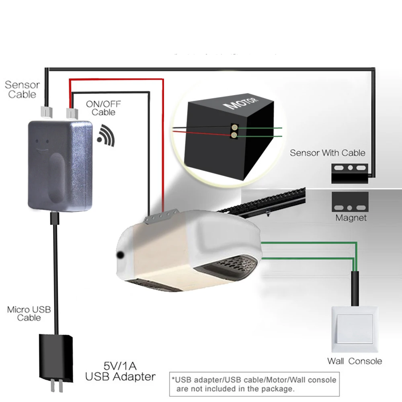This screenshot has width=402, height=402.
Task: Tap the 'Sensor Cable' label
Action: pyautogui.click(x=22, y=90)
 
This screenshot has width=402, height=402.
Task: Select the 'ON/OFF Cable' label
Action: pyautogui.click(x=103, y=108)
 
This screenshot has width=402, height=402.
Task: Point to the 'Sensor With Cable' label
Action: pyautogui.click(x=328, y=153)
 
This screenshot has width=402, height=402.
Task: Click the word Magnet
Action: pyautogui.click(x=351, y=218)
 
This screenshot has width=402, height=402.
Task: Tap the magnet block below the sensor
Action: pyautogui.click(x=350, y=202)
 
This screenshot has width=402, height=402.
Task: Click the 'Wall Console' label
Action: pyautogui.click(x=354, y=361)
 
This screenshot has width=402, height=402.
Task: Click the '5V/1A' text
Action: pyautogui.click(x=120, y=366)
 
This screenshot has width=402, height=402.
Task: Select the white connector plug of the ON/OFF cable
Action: pyautogui.click(x=72, y=112)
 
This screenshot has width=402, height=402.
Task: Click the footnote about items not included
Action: pyautogui.click(x=253, y=384)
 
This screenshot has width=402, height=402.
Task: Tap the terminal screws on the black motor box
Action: pyautogui.click(x=233, y=132)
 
